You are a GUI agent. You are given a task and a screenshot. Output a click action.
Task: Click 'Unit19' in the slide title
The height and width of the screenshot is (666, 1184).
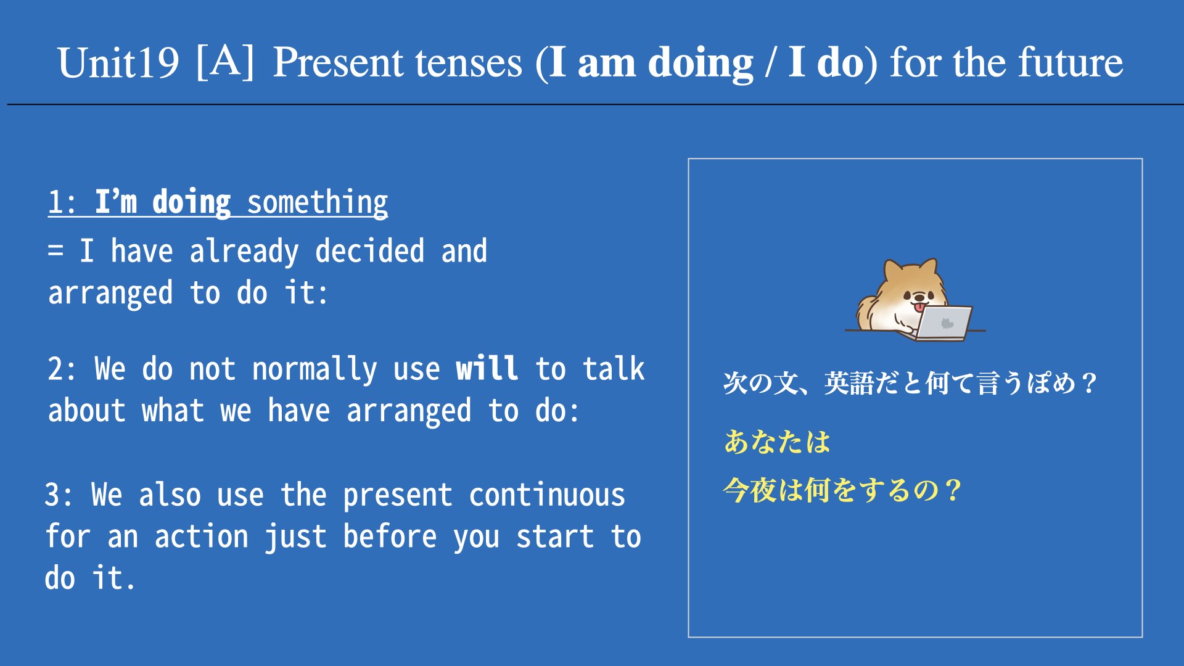(x=118, y=62)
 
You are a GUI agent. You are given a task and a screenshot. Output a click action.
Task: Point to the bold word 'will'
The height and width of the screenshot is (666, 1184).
(x=487, y=368)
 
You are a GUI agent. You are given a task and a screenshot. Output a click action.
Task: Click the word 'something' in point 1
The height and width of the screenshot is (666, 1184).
(x=317, y=202)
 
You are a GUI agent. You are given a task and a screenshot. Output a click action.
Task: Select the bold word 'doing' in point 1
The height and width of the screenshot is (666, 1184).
(x=191, y=202)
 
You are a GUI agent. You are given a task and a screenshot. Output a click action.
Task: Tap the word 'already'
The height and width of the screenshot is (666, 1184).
(x=244, y=252)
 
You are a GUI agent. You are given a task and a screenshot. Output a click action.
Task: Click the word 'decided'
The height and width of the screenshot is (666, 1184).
(x=369, y=250)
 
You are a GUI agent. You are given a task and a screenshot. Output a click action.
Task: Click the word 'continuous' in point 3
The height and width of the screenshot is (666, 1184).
(x=547, y=495)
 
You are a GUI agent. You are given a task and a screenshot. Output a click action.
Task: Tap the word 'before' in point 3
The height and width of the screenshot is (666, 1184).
(x=390, y=536)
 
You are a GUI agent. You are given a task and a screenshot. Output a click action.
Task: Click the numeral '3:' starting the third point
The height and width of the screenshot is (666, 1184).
(x=60, y=495)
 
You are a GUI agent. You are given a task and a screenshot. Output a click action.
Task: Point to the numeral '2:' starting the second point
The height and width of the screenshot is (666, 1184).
(x=63, y=369)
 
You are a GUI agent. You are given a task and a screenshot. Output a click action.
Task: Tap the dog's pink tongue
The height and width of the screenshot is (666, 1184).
(x=919, y=307)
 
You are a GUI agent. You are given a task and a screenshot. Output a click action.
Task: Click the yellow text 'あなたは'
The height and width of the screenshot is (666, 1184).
(x=777, y=442)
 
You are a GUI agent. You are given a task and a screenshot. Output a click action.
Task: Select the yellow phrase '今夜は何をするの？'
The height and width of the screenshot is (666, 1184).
(x=842, y=490)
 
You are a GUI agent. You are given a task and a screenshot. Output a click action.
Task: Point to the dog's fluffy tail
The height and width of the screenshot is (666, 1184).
(x=866, y=312)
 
